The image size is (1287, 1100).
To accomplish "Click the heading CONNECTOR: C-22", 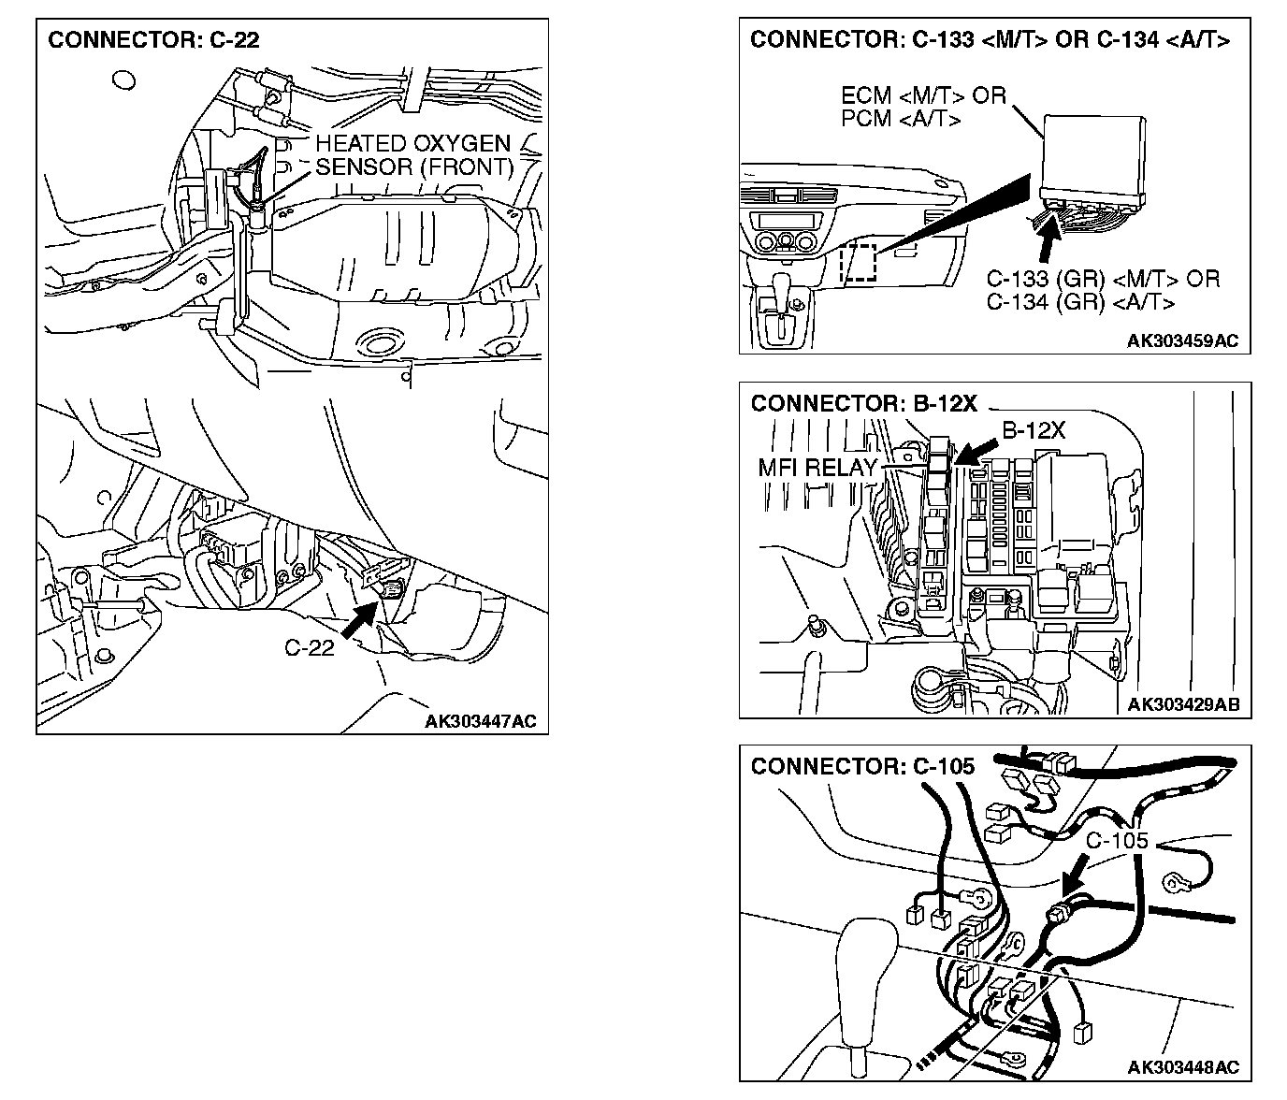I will [x=153, y=40].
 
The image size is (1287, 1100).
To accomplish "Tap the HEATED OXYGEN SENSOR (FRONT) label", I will [x=414, y=155].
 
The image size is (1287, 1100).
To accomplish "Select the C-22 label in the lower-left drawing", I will [x=310, y=647].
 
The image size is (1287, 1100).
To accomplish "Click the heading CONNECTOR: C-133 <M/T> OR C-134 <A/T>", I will [x=990, y=39].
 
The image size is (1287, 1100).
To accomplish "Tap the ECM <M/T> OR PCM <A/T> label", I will [x=923, y=108].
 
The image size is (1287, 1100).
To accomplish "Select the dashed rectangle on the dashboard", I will [x=859, y=263].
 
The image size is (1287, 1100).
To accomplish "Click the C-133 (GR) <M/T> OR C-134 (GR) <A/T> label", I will [x=1103, y=291].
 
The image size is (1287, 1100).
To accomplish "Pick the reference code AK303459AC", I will [x=1182, y=340].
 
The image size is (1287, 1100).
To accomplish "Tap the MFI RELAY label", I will [x=817, y=467].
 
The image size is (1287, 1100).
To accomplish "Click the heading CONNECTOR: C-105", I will [x=862, y=766].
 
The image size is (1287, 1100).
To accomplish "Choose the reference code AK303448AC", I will [x=1183, y=1067].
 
